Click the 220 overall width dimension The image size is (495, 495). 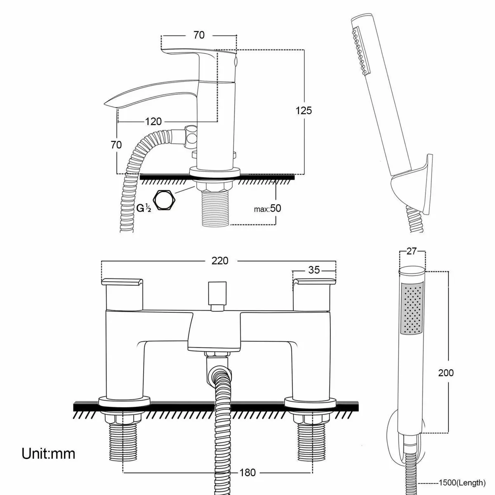coord(219,261)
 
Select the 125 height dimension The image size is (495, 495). coord(304,111)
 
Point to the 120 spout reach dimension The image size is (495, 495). coord(153,121)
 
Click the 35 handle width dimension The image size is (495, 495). coord(314,270)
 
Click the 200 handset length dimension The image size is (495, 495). coord(445,373)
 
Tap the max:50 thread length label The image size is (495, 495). coord(268,208)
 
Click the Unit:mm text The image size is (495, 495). coord(49,454)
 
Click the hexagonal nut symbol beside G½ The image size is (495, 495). coord(165,201)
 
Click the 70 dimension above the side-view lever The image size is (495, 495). coord(199,35)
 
